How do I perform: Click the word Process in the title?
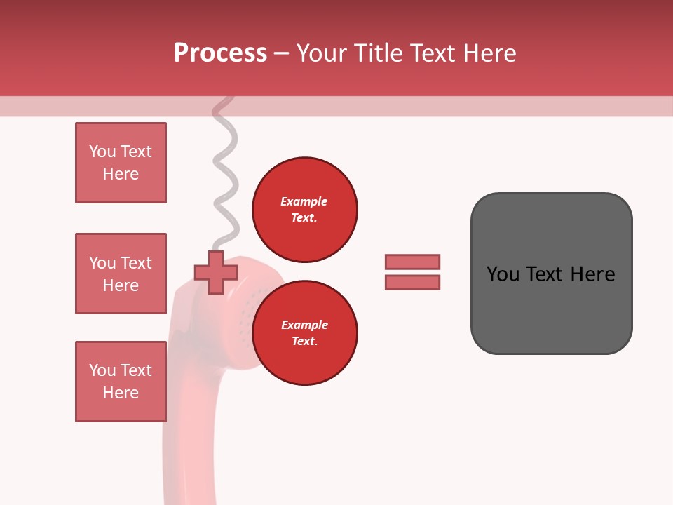220,53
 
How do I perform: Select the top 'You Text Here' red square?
121,163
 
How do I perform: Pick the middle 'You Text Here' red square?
121,274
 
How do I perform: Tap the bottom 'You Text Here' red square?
121,382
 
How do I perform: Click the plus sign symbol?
216,273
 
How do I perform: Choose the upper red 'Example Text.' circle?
304,210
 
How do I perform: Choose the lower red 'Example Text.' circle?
304,333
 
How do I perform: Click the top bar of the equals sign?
412,262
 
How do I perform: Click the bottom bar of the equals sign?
412,282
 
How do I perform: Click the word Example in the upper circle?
304,201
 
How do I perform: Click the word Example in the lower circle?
304,325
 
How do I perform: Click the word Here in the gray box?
592,274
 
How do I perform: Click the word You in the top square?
102,151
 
